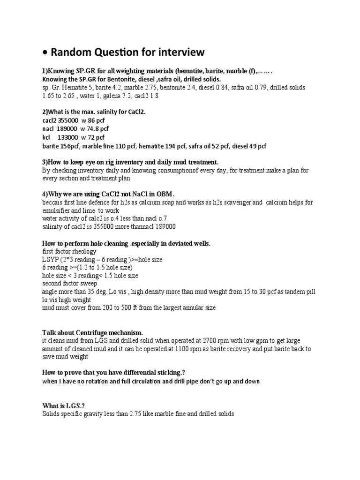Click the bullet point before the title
[x=45, y=52]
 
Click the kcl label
[x=47, y=137]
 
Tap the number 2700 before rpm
[x=218, y=341]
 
